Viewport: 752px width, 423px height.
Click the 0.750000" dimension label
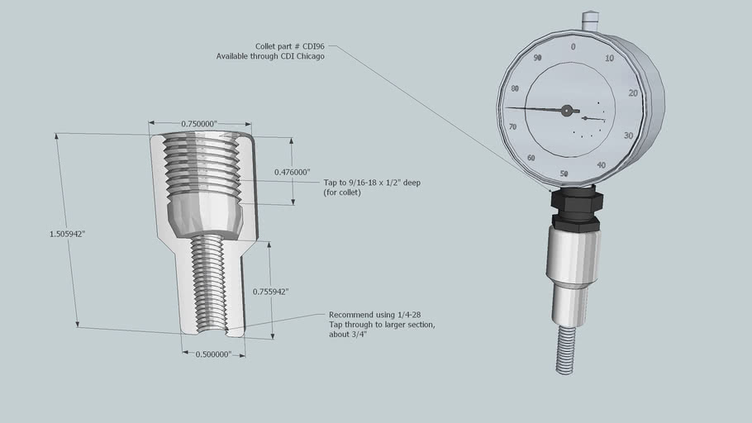[x=199, y=123]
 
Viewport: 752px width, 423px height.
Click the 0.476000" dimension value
[x=292, y=172]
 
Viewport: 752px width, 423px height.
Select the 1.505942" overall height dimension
[x=68, y=234]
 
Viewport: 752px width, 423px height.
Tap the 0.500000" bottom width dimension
[x=213, y=354]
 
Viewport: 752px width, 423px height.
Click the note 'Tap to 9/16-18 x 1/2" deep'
[x=372, y=182]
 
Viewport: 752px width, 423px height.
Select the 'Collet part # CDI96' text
[x=289, y=46]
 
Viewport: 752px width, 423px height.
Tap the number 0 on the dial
[x=573, y=46]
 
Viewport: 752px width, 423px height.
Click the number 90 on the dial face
[x=537, y=58]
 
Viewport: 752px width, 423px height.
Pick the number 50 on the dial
[x=564, y=173]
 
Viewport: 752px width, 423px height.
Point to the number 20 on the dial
[x=633, y=93]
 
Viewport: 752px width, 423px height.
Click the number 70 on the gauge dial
[x=513, y=127]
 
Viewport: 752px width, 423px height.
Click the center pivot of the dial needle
[x=567, y=109]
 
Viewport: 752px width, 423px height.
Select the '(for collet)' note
[x=341, y=192]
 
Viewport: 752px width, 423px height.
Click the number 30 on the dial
[x=628, y=135]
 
